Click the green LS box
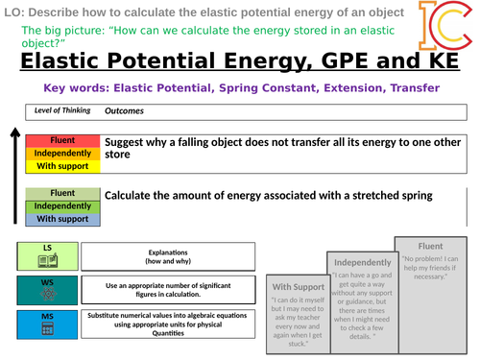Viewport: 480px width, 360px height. tap(46, 255)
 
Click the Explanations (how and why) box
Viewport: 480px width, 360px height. tap(168, 255)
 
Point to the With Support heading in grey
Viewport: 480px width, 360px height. tap(297, 286)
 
